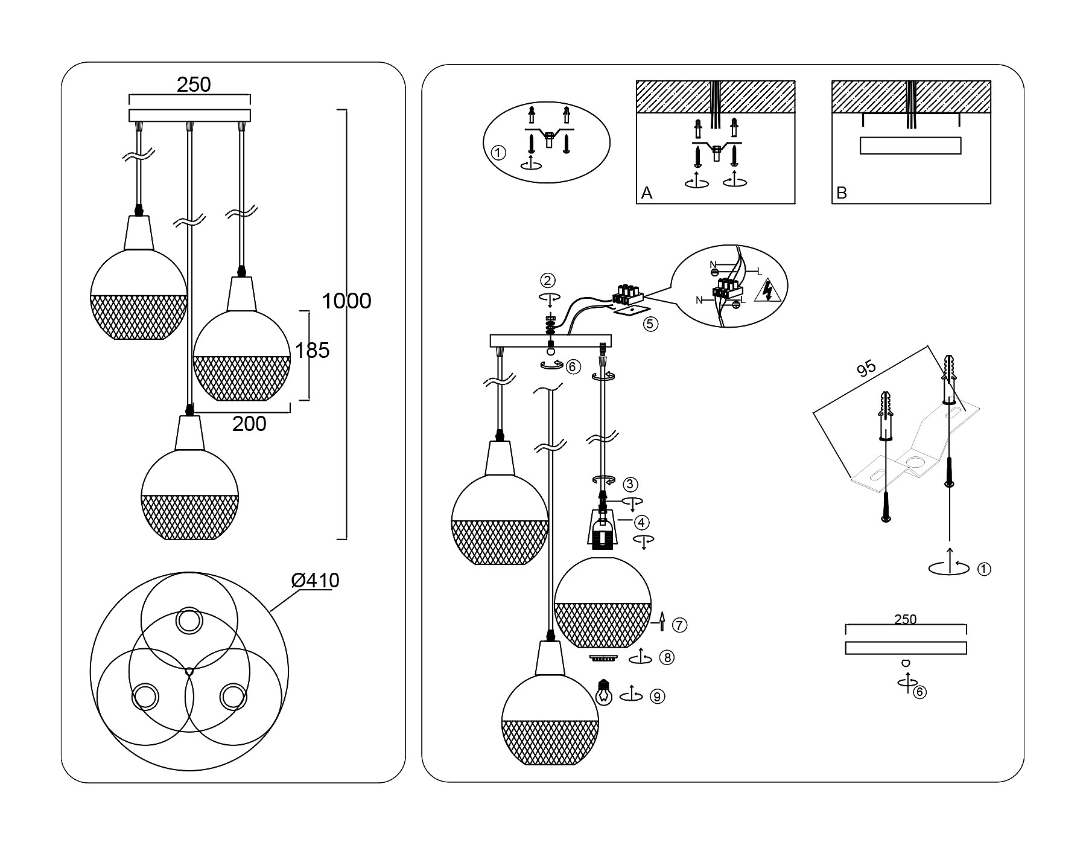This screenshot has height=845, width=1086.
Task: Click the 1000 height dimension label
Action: tap(346, 301)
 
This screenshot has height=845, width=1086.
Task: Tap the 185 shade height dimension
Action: tap(313, 351)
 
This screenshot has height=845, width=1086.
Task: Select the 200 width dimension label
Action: tap(249, 424)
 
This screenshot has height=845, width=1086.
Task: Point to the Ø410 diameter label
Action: tap(315, 581)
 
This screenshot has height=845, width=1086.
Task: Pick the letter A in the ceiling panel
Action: tap(647, 193)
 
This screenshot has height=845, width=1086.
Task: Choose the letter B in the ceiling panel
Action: tap(842, 193)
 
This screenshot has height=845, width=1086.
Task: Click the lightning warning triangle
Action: tap(768, 290)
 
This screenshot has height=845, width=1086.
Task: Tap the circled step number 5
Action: tap(650, 324)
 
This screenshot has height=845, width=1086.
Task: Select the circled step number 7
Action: tap(679, 625)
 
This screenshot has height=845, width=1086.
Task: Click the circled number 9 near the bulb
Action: tap(658, 697)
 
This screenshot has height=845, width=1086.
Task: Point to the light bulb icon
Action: tap(603, 693)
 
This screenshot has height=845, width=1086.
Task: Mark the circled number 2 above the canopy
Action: tap(548, 281)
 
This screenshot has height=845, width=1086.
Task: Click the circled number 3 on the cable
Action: tap(630, 484)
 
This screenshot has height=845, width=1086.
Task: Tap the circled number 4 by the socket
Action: tap(641, 522)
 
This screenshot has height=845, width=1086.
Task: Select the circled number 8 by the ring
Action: tap(666, 658)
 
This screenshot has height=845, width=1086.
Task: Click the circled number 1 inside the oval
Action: tap(498, 153)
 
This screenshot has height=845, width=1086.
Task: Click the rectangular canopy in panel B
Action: tap(910, 146)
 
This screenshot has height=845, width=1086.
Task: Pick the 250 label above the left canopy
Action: tap(194, 85)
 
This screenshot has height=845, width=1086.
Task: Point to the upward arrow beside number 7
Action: tap(662, 621)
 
